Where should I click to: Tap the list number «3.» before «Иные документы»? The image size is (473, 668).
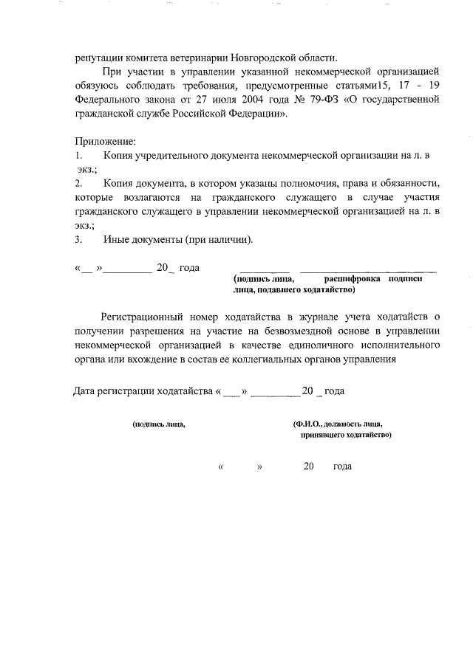pyautogui.click(x=78, y=240)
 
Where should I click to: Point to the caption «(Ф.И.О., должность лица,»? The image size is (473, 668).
pyautogui.click(x=337, y=424)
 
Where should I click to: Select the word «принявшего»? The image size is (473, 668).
pyautogui.click(x=322, y=435)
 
